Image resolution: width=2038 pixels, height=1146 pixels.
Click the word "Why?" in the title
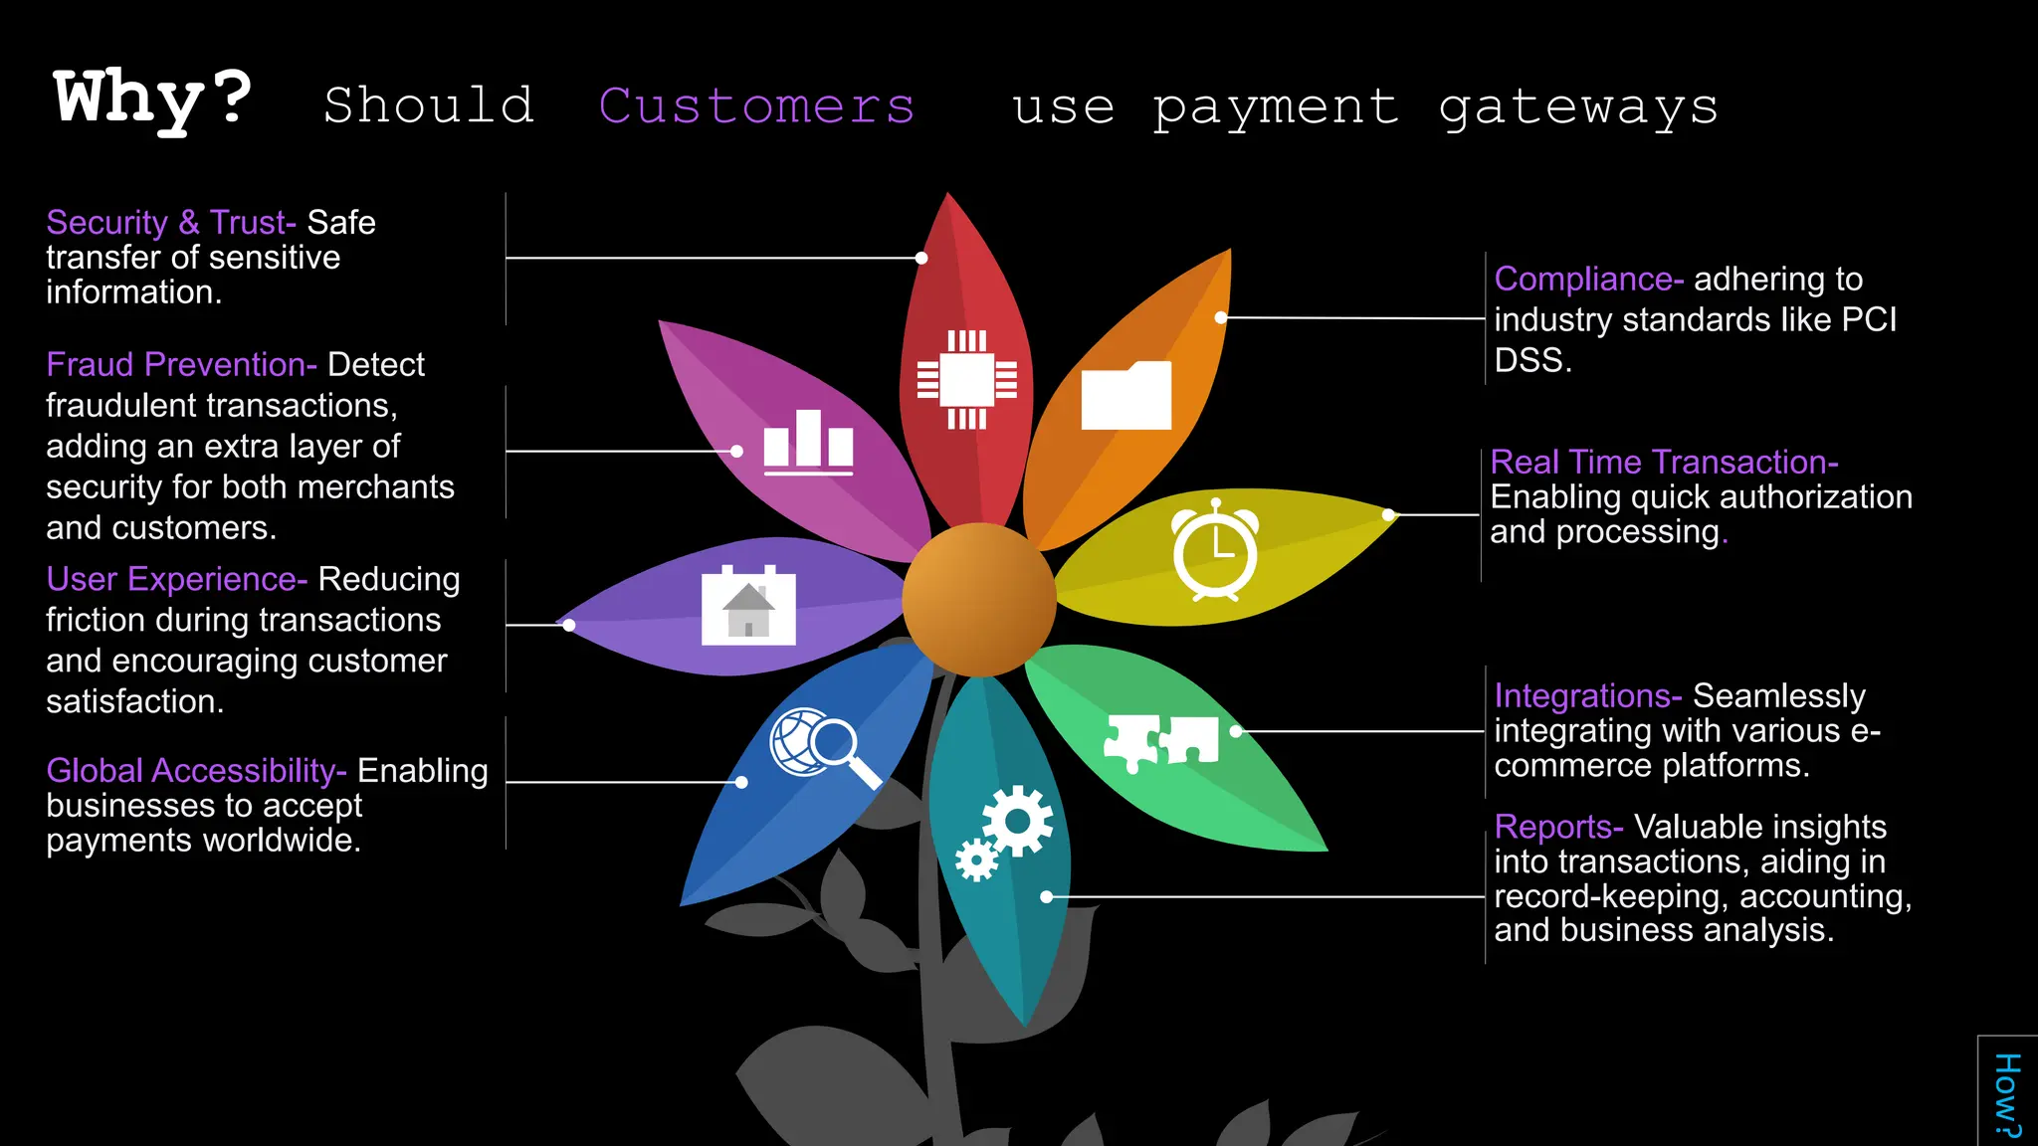(x=152, y=99)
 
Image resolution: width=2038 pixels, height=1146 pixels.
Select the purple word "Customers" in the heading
(x=756, y=105)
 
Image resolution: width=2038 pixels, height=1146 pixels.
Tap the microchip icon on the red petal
(x=966, y=379)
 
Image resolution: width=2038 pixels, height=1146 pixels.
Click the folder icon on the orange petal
(x=1125, y=396)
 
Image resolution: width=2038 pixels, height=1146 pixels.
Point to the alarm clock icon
(x=1215, y=550)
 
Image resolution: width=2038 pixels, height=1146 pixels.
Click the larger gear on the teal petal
(x=1017, y=821)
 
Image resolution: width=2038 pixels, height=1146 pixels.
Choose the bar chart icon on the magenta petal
(x=808, y=442)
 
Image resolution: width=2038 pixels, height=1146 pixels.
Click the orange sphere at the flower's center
(x=979, y=600)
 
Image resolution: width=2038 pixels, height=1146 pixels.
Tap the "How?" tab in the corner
(x=2007, y=1094)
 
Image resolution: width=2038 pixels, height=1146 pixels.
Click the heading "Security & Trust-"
(x=171, y=223)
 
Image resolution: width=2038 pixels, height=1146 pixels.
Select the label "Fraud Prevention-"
(x=181, y=365)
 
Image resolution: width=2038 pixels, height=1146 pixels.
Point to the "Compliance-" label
(x=1588, y=280)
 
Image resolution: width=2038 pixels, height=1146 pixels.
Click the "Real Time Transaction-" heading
(x=1664, y=463)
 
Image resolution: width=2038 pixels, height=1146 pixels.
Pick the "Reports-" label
(x=1558, y=827)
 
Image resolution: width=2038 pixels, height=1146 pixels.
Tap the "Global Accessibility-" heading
(x=196, y=771)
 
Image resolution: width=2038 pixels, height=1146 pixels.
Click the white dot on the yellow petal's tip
(x=1389, y=514)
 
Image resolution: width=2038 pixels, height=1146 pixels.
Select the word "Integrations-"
(x=1587, y=696)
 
